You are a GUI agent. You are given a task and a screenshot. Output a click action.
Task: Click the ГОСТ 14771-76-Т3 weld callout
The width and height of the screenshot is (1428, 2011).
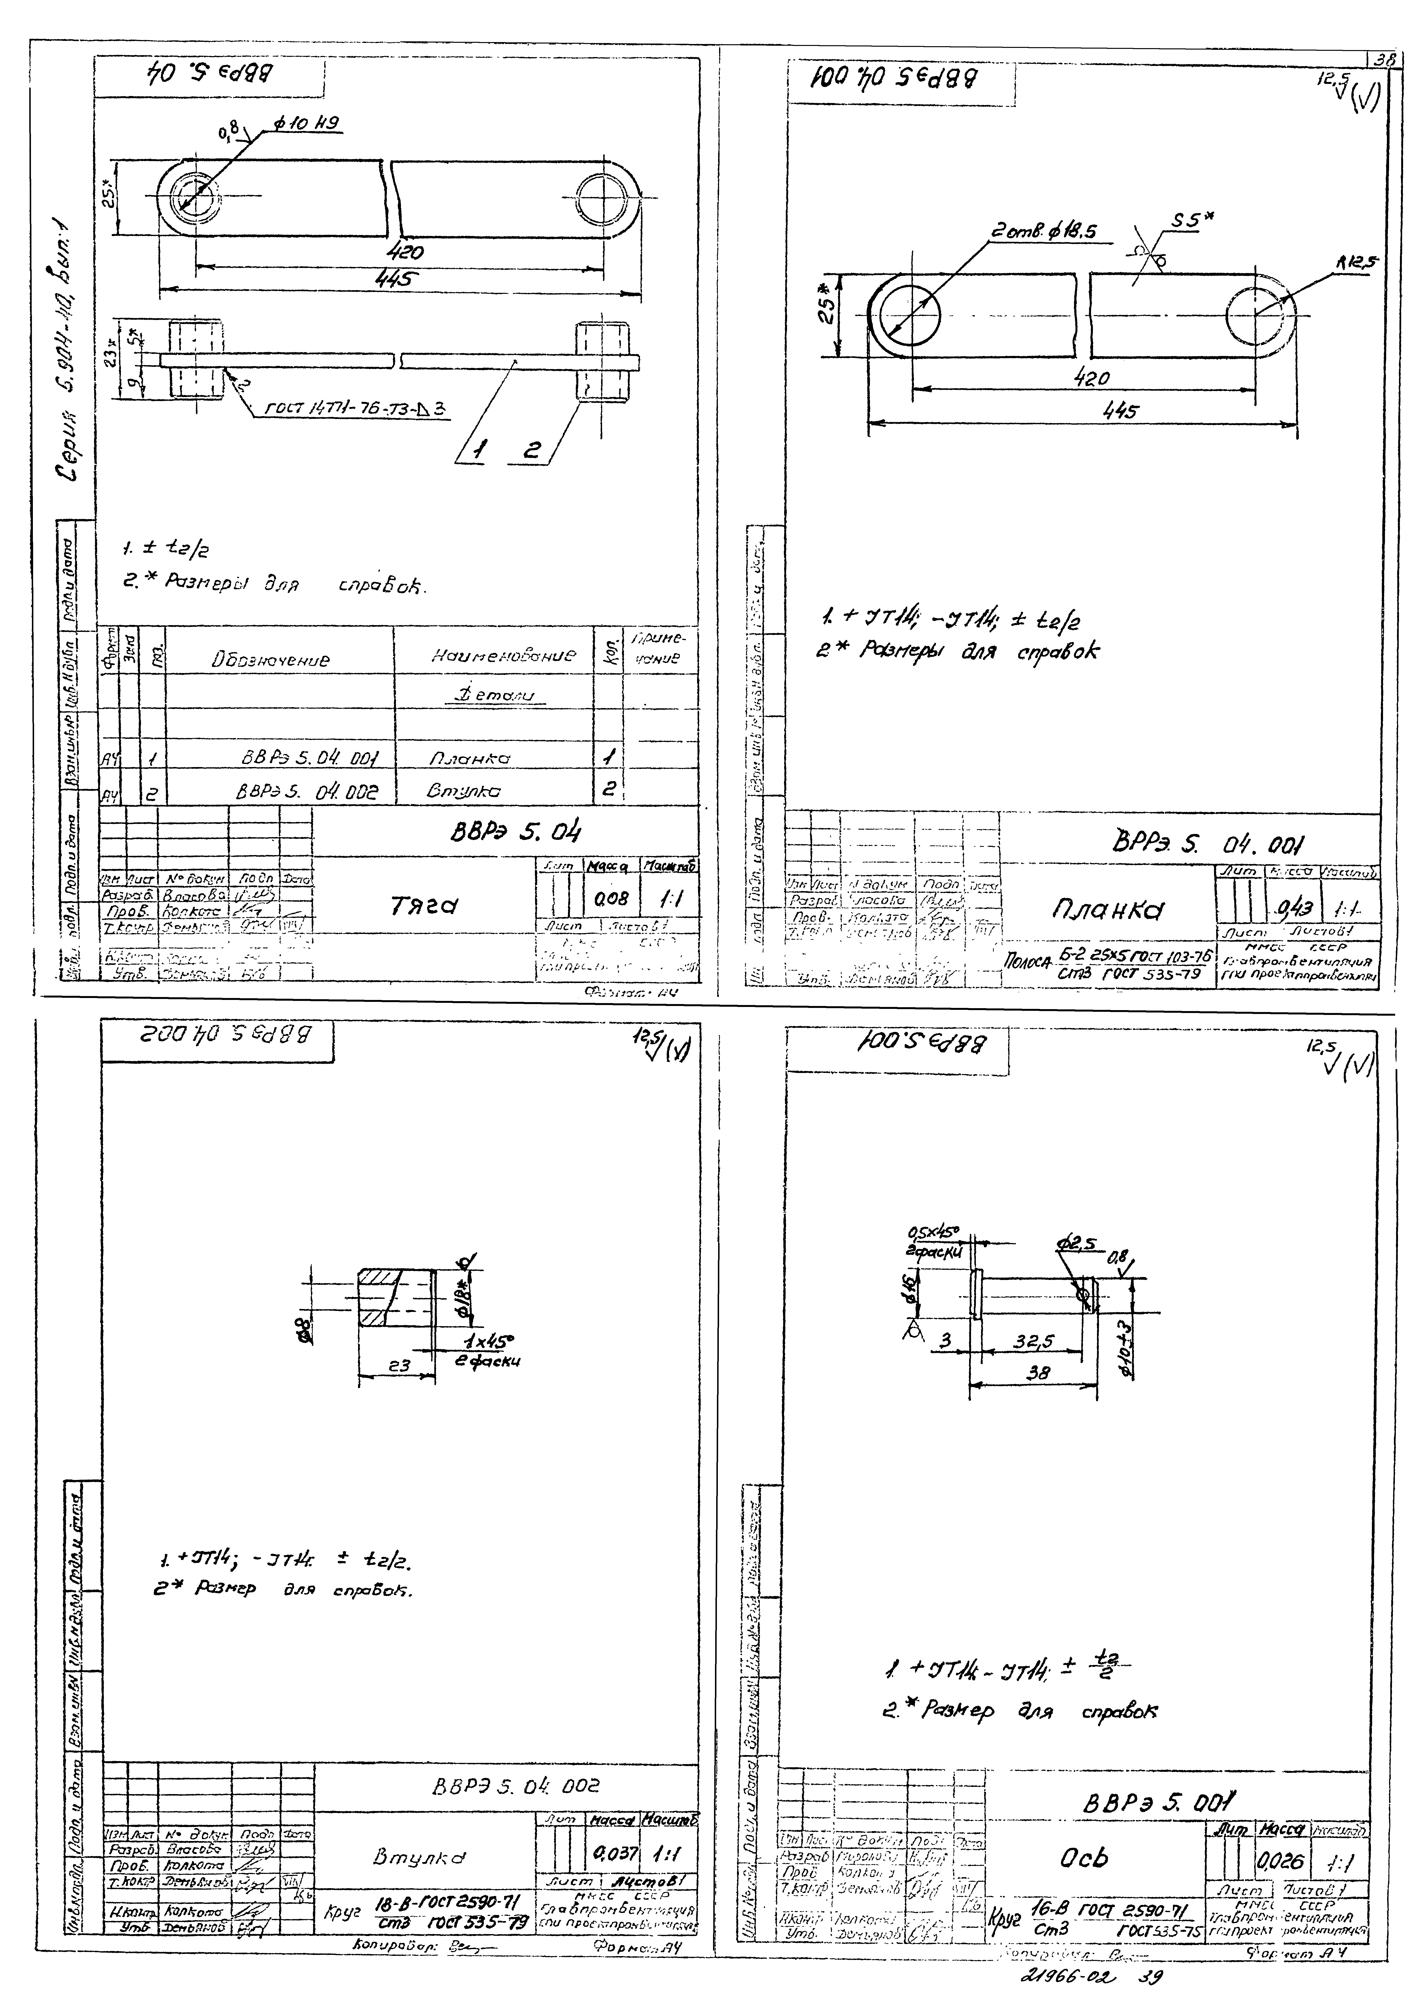(356, 408)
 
